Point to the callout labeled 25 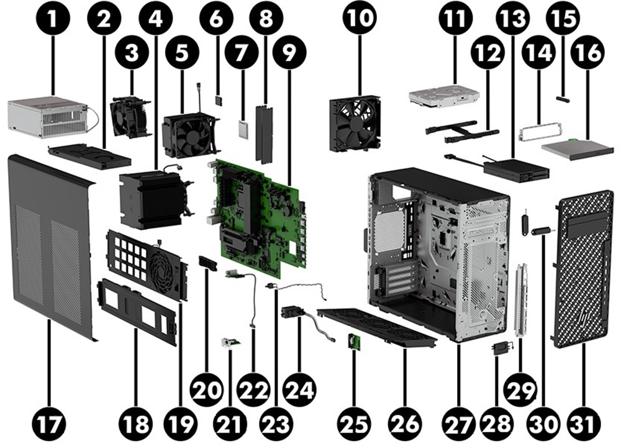(x=355, y=424)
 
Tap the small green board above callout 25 (x=351, y=342)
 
